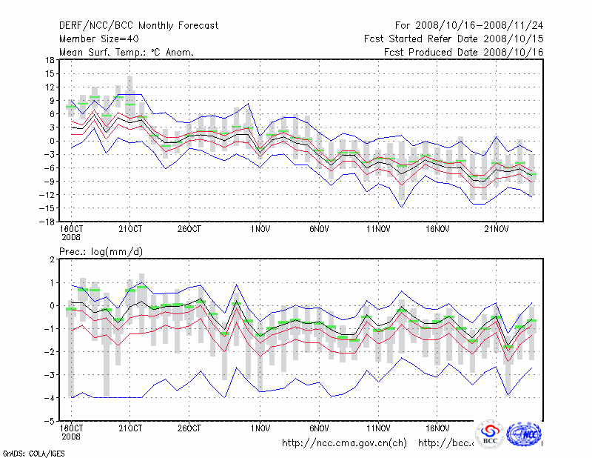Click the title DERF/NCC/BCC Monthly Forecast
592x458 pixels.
coord(138,26)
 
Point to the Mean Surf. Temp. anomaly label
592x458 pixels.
coord(126,53)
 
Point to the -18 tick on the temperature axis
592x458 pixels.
coord(49,221)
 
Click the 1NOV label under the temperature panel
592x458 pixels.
coord(260,229)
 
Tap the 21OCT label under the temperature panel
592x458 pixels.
coord(130,229)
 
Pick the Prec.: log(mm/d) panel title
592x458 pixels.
coord(101,252)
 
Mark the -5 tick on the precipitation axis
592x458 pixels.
coord(51,421)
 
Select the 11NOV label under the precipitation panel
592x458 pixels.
coord(378,428)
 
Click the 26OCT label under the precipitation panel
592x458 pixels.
coord(189,428)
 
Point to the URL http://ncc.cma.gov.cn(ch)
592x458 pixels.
coord(344,443)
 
